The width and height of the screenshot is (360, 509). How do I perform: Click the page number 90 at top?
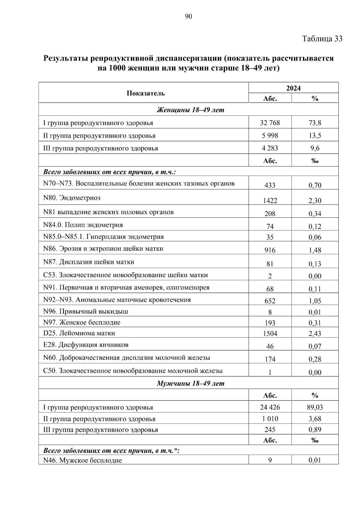(188, 16)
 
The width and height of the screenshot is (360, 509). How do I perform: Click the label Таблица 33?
(322, 39)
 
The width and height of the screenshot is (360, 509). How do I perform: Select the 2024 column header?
(293, 88)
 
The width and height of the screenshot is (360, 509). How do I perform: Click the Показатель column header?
(145, 93)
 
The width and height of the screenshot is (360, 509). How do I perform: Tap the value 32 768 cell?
(270, 123)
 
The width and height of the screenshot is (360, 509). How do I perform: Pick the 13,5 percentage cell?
(315, 136)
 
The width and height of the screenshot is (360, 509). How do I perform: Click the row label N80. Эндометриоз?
(72, 198)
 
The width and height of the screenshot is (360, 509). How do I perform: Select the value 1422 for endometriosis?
(270, 201)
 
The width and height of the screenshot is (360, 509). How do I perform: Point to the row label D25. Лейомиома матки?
(79, 333)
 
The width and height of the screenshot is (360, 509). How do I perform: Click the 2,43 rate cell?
(315, 334)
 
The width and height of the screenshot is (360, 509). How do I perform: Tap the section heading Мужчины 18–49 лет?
(190, 383)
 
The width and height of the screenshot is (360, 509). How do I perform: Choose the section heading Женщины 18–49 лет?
(190, 110)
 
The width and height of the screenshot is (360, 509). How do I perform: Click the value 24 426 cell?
(270, 407)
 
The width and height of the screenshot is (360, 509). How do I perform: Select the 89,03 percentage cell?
(315, 407)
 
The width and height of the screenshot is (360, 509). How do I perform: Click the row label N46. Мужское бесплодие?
(82, 460)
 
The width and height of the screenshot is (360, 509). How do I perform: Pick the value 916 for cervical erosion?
(270, 250)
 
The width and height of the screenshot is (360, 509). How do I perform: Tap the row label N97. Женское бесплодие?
(82, 322)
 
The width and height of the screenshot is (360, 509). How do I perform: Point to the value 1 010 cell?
(270, 419)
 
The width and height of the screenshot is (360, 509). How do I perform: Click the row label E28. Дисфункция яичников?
(86, 345)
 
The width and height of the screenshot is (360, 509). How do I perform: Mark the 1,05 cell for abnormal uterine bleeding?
(315, 301)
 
